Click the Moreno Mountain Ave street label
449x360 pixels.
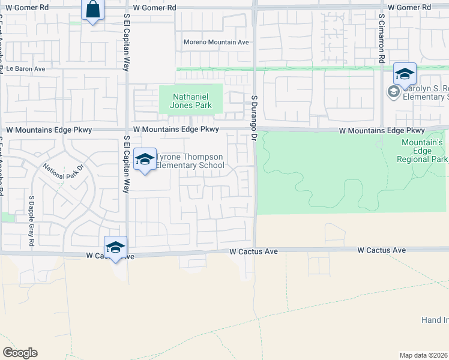click(215, 43)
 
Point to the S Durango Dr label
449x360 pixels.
click(254, 114)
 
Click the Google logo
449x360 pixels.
click(20, 353)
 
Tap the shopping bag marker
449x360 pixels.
click(92, 10)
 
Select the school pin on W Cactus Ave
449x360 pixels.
click(115, 247)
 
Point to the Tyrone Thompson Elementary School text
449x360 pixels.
click(190, 161)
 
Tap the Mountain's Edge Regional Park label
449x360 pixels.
click(422, 151)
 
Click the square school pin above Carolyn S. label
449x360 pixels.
click(405, 74)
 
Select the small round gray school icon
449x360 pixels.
click(394, 92)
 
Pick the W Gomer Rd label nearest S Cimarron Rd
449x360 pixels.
click(409, 7)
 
